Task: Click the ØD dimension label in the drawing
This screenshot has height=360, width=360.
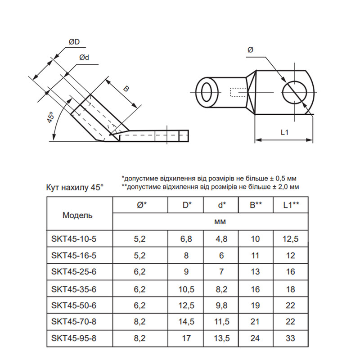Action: point(74,42)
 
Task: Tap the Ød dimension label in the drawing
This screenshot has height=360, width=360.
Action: point(84,58)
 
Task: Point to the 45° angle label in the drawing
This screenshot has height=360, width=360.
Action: point(50,117)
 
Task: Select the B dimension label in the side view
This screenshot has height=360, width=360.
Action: point(126,89)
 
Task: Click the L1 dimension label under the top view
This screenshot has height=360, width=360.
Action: point(284,132)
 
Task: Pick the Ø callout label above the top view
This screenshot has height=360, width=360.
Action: point(251,49)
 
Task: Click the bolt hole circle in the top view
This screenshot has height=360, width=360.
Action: point(295,93)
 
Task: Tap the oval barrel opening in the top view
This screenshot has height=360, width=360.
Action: point(207,93)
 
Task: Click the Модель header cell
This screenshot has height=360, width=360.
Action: point(77,216)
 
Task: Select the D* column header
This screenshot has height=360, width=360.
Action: point(187,205)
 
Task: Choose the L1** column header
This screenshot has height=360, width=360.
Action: point(291,205)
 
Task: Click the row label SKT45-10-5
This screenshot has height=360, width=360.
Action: point(74,239)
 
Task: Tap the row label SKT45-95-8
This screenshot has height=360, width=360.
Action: point(74,338)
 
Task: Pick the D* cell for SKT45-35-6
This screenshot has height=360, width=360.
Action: point(186,289)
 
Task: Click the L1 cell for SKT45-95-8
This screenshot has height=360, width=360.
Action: point(290,338)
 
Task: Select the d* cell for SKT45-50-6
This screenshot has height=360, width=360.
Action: point(221,306)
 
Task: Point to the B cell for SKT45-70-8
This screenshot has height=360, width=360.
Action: point(255,321)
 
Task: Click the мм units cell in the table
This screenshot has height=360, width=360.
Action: point(220,222)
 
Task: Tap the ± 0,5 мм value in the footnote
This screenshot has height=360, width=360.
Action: point(284,178)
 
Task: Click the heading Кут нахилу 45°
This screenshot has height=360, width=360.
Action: point(75,188)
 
